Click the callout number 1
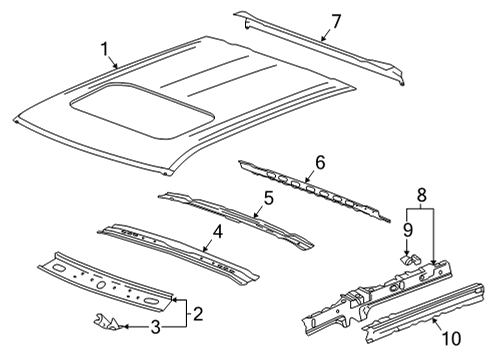coord(103,47)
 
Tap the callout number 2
coord(199,314)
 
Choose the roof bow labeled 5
coord(240,215)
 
